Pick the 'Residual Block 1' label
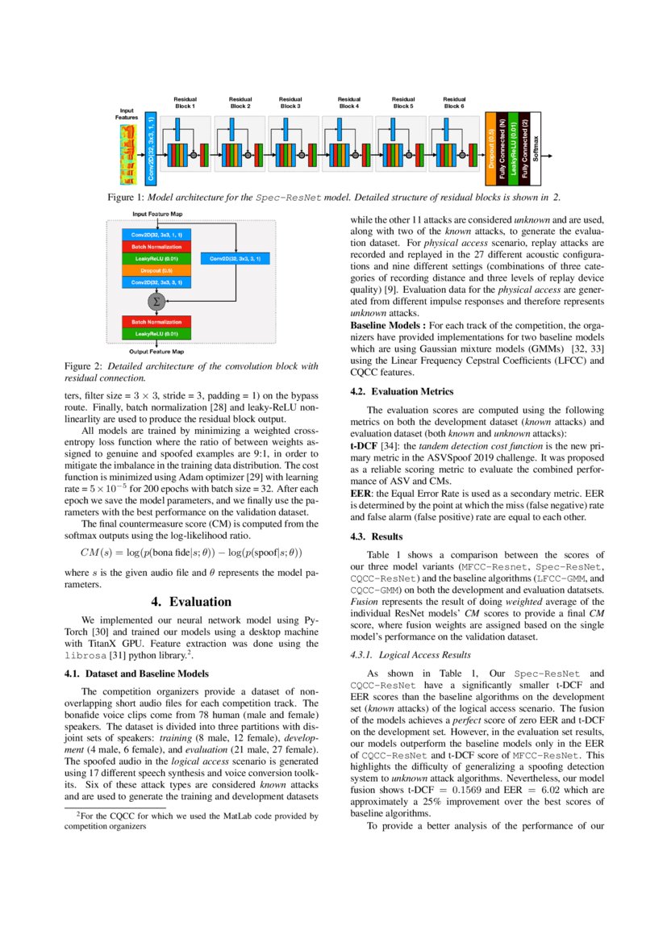185,102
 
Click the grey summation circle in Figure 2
156,301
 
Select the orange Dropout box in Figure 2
156,270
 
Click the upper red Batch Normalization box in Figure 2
156,246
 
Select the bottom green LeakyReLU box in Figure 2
156,332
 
